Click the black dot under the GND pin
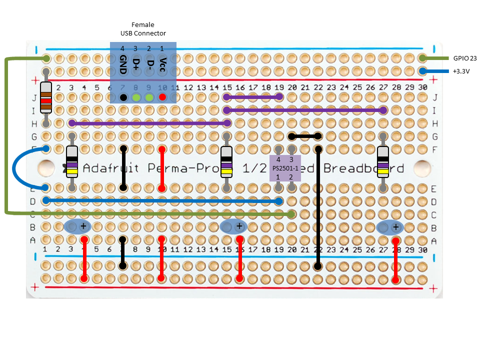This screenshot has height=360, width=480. [x=123, y=97]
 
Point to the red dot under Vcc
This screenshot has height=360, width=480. [x=162, y=97]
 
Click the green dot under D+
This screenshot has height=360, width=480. [x=136, y=97]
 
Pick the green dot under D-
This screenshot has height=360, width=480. [x=149, y=97]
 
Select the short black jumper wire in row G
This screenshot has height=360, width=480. [x=305, y=135]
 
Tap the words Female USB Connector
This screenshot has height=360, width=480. [x=143, y=29]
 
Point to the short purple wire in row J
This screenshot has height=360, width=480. [x=253, y=96]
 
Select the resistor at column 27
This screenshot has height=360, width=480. [x=383, y=162]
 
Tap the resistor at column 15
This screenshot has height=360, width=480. [x=227, y=162]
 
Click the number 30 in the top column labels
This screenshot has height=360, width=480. [x=422, y=88]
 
